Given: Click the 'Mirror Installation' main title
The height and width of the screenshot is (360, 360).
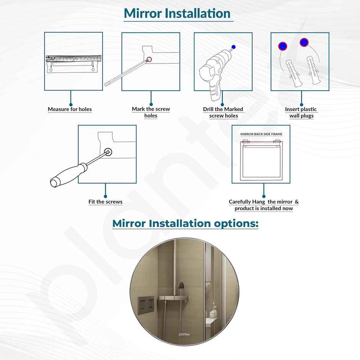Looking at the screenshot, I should (x=177, y=13).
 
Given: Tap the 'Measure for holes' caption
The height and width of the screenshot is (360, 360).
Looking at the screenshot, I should (x=70, y=110).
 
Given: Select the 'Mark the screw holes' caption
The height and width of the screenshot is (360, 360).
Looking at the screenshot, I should (x=151, y=112).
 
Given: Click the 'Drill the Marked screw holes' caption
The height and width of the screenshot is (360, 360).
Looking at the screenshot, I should (x=223, y=112).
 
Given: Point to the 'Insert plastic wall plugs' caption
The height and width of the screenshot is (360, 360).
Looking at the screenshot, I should (x=301, y=112).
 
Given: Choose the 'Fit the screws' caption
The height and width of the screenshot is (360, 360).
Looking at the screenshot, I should (x=105, y=202).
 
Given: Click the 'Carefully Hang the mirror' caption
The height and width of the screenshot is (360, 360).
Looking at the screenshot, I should (x=263, y=205).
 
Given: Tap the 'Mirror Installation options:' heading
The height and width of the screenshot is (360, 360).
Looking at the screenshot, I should (x=185, y=224).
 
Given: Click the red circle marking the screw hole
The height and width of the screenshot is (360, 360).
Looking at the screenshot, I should (x=149, y=60).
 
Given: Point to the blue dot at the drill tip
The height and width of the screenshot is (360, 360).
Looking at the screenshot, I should (x=234, y=47).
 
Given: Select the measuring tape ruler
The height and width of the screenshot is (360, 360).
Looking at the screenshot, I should (x=73, y=59).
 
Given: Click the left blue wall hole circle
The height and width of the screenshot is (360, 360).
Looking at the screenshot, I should (x=283, y=46).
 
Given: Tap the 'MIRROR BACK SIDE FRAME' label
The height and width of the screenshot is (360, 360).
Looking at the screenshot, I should (x=261, y=134).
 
